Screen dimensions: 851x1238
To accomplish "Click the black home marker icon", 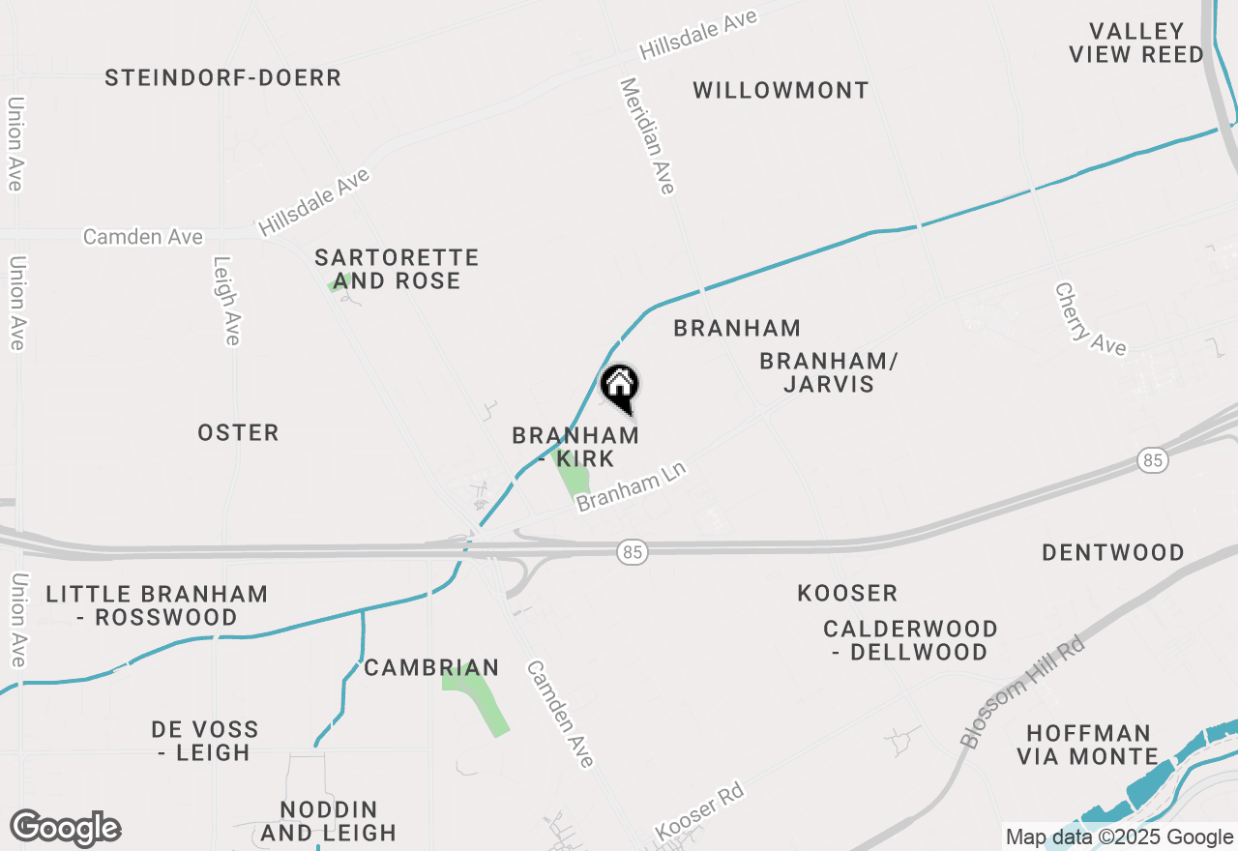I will [620, 387].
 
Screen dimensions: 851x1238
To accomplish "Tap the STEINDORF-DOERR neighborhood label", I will [223, 78].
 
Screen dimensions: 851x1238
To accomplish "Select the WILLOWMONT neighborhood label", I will [781, 91].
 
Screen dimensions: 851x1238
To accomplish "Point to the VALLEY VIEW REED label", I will [1136, 44].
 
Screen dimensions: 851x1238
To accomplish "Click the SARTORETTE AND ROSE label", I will [397, 269].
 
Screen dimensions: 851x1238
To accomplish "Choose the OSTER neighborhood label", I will [238, 433].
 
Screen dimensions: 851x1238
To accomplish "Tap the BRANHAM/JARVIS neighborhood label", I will [829, 372].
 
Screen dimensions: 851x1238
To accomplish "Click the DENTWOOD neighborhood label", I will [1112, 553].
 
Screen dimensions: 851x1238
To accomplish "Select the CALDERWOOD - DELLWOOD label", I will [910, 640].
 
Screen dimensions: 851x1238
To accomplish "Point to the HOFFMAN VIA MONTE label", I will [1088, 745].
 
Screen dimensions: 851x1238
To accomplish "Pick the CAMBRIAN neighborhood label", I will [431, 667].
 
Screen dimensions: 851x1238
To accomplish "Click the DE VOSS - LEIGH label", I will [205, 741].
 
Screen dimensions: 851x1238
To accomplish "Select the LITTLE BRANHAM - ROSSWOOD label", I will [157, 605].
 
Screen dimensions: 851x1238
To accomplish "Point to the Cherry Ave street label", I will [1090, 319].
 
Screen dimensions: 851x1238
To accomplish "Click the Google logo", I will [65, 828].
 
